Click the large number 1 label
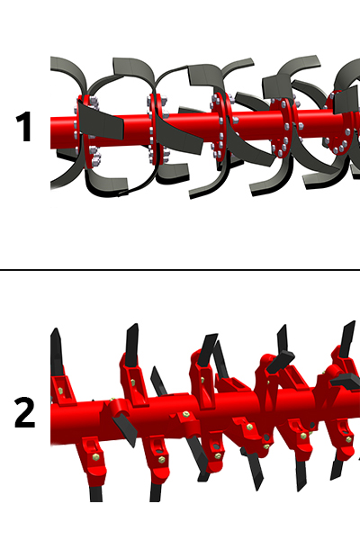[x=24, y=126]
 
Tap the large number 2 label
[x=25, y=412]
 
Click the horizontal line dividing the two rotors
[x=180, y=270]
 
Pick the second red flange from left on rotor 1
[x=156, y=129]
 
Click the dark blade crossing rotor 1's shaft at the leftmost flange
[x=100, y=122]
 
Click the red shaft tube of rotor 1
[x=193, y=128]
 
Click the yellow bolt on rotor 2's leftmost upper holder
[x=61, y=391]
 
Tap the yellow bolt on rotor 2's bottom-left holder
[x=95, y=457]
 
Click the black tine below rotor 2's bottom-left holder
[x=95, y=493]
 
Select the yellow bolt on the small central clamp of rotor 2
[x=186, y=413]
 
